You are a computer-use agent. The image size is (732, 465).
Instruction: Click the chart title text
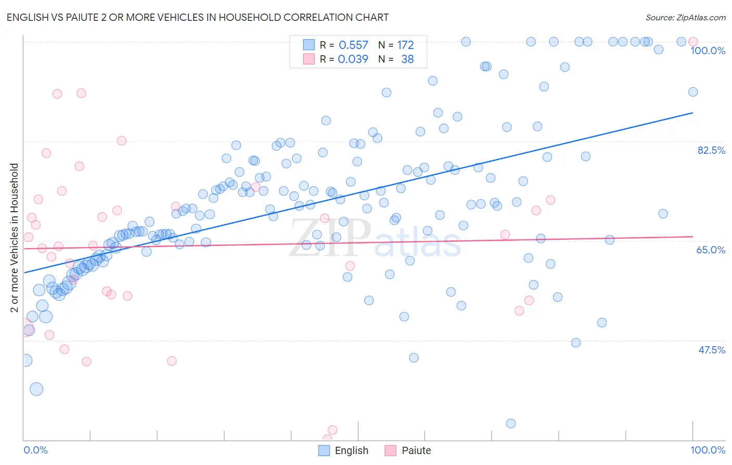[197, 17]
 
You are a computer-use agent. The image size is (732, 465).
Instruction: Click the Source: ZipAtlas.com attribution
[685, 18]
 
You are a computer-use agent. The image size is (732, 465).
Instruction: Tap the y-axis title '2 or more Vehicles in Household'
[14, 238]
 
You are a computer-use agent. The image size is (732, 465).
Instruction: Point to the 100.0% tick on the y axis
[708, 51]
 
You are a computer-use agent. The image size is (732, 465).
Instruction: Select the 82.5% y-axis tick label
[711, 150]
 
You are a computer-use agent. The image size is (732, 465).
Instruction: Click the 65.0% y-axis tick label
[711, 250]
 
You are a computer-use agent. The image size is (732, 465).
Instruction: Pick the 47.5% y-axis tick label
[711, 350]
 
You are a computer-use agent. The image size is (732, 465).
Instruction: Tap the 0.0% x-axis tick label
[35, 450]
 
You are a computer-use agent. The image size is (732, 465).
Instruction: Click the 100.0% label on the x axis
[708, 450]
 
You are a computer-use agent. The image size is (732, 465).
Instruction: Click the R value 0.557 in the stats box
[353, 45]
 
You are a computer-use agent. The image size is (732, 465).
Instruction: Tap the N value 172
[405, 45]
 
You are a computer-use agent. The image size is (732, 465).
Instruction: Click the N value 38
[407, 59]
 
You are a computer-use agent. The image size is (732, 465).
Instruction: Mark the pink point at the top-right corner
[693, 42]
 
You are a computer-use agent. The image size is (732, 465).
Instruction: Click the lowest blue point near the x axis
[511, 423]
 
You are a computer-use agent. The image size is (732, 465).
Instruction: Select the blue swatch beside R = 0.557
[309, 45]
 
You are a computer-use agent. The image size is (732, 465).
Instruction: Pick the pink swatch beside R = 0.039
[309, 59]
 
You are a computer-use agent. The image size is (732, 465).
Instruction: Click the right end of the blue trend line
[693, 113]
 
